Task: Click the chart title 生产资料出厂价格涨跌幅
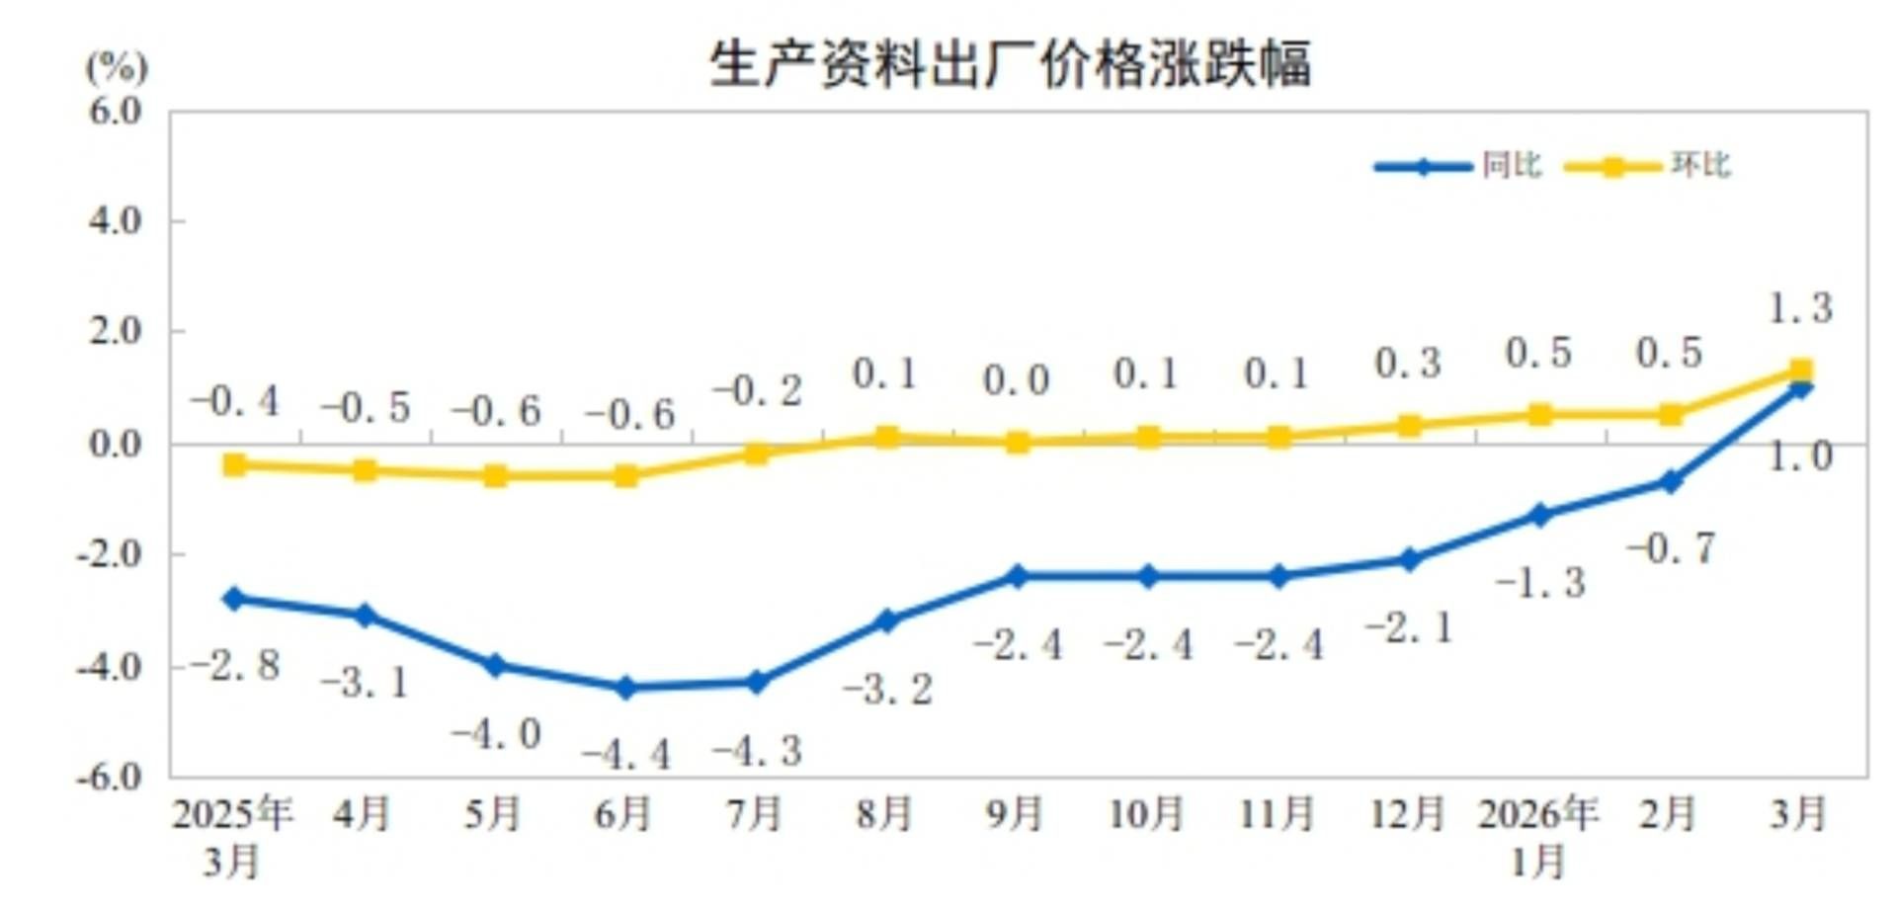point(1010,63)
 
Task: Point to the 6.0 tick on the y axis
point(116,111)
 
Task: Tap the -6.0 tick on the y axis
point(111,777)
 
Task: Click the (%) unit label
point(117,67)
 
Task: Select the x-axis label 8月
point(884,814)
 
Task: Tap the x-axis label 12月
point(1407,814)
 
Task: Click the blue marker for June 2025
point(625,688)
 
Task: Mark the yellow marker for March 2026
point(1800,372)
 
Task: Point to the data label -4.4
point(626,756)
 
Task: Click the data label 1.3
point(1799,308)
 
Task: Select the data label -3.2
point(888,690)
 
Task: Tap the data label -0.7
point(1671,547)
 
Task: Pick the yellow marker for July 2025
point(757,454)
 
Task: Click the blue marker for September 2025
point(1018,576)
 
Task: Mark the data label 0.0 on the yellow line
point(1016,380)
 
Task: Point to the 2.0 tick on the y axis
point(116,332)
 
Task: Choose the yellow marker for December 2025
point(1409,426)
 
